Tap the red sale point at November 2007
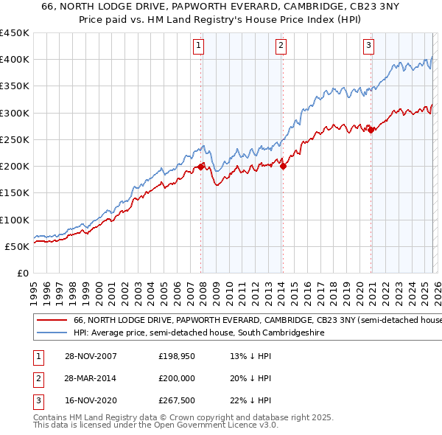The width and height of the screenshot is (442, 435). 201,167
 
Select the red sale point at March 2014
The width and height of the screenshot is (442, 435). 284,166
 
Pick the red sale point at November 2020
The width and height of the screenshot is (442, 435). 371,130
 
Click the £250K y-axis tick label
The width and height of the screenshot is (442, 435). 15,139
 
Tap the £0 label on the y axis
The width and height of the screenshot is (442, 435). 22,273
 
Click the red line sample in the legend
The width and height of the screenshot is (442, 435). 51,321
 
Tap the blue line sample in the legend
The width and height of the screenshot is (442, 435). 51,333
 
